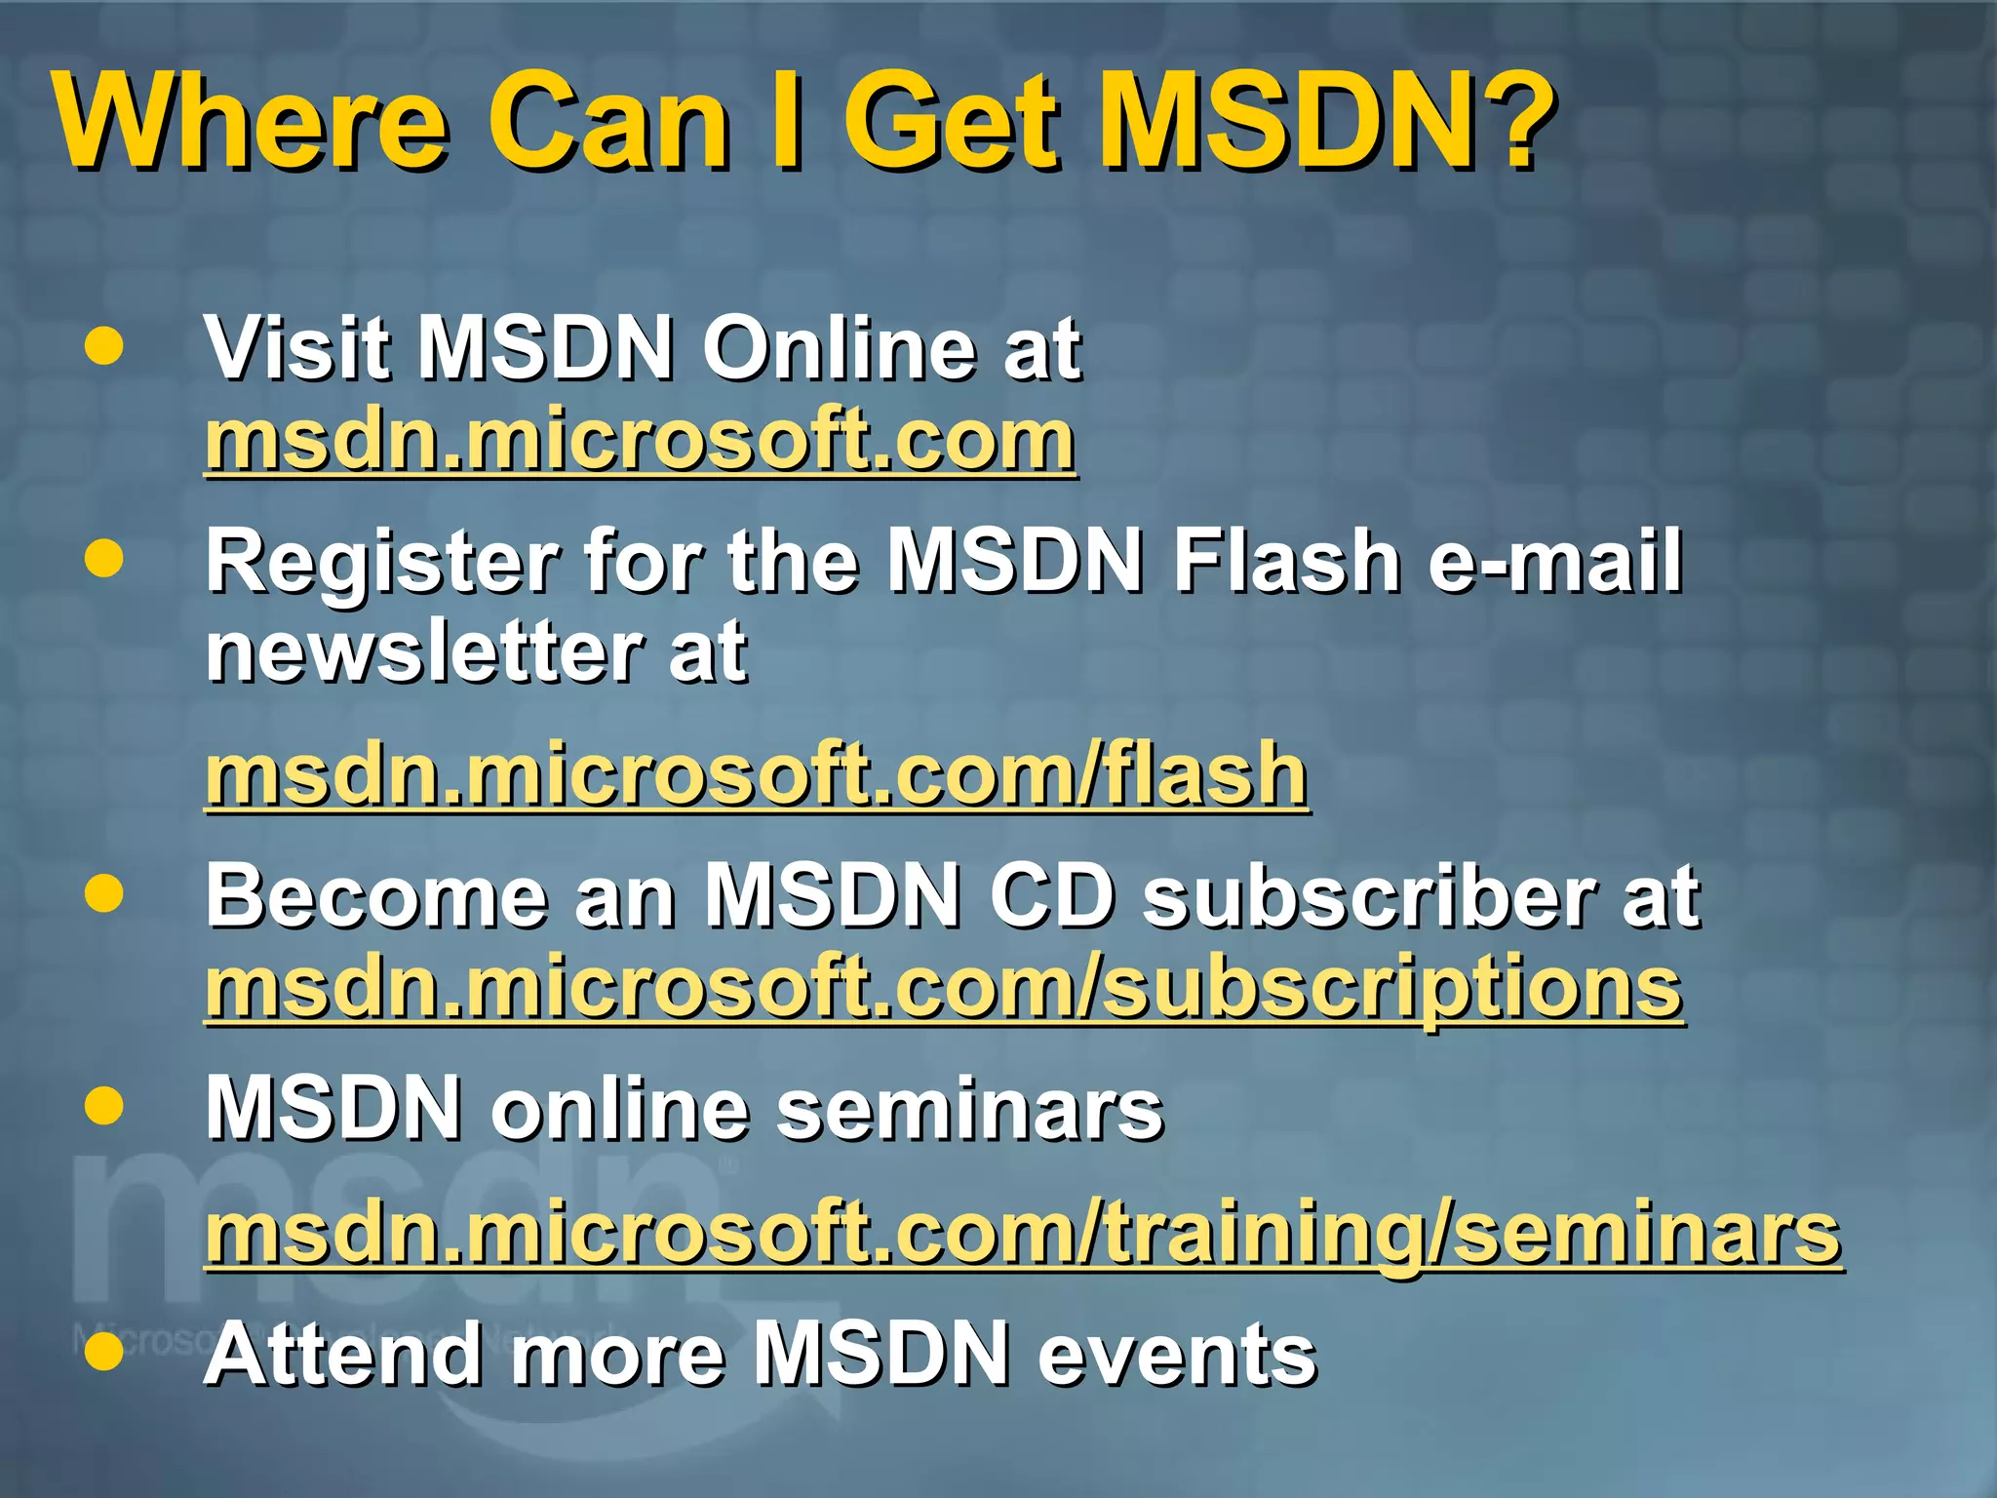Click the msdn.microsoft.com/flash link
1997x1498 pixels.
coord(756,775)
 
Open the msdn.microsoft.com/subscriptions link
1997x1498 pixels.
coord(944,990)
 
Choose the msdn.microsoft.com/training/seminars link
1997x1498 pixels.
coord(1023,1234)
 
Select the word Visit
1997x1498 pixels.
coord(296,348)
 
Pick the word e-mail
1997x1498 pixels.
coord(1555,561)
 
